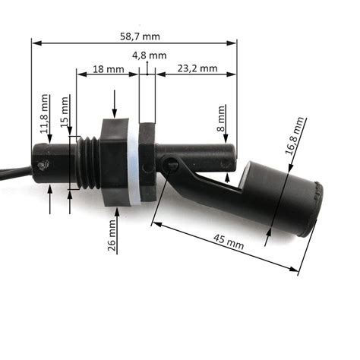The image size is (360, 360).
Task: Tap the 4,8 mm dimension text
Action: (149, 55)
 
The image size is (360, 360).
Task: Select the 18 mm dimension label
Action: (108, 69)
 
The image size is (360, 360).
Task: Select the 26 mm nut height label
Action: (112, 235)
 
